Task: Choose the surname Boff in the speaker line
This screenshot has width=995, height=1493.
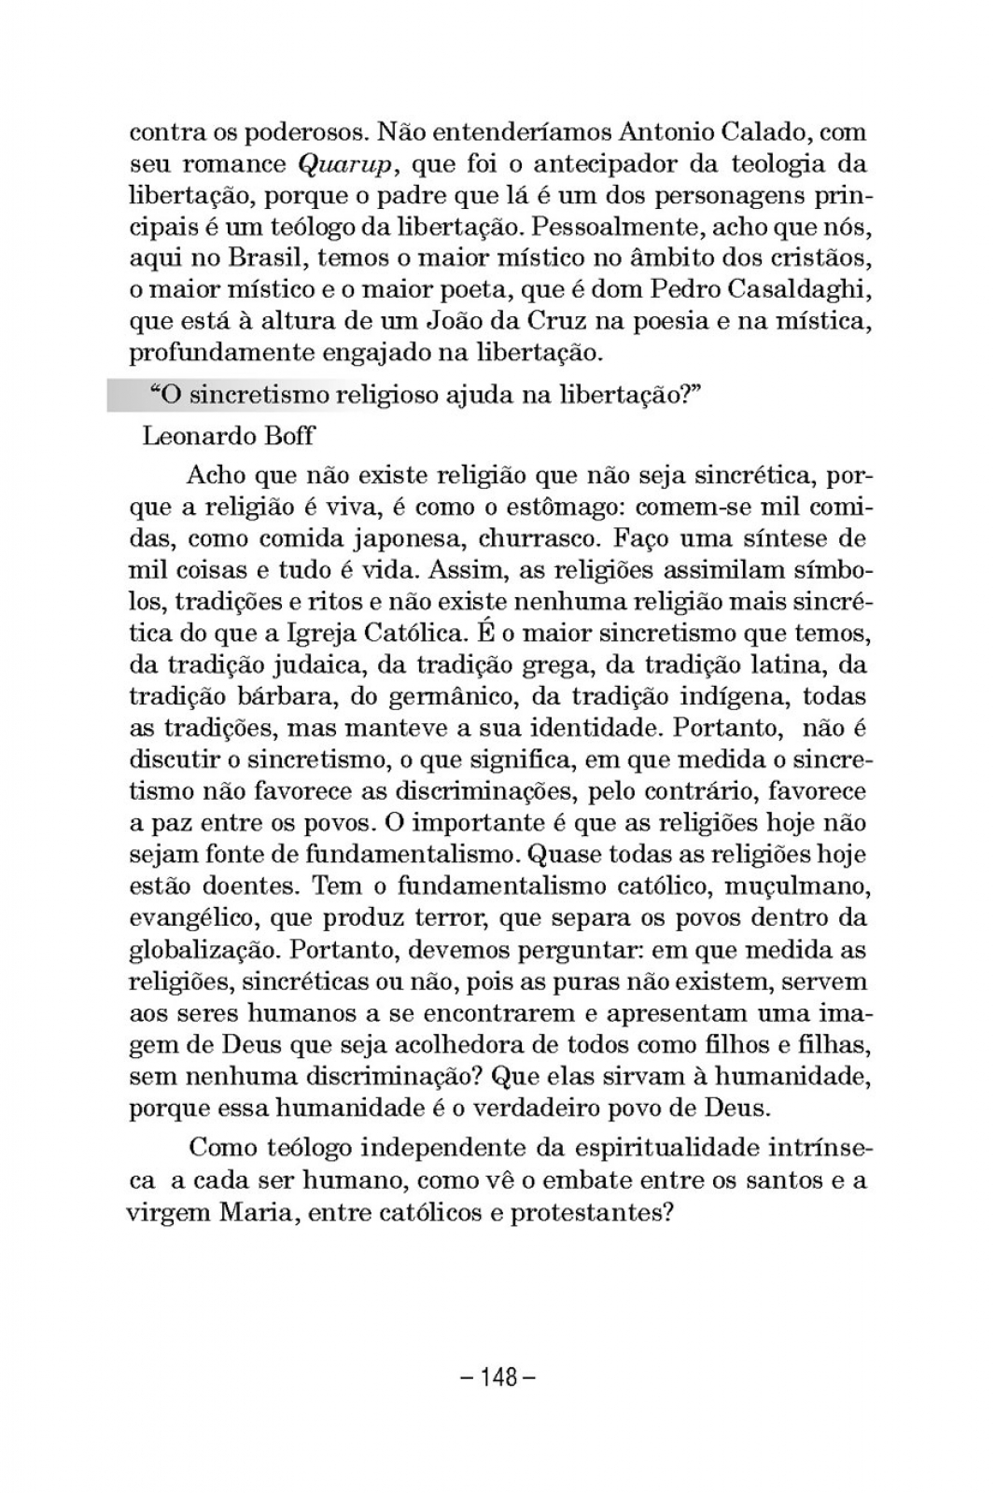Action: pos(288,436)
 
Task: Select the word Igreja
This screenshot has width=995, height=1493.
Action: pos(348,635)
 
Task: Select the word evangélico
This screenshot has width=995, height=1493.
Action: pos(191,918)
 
